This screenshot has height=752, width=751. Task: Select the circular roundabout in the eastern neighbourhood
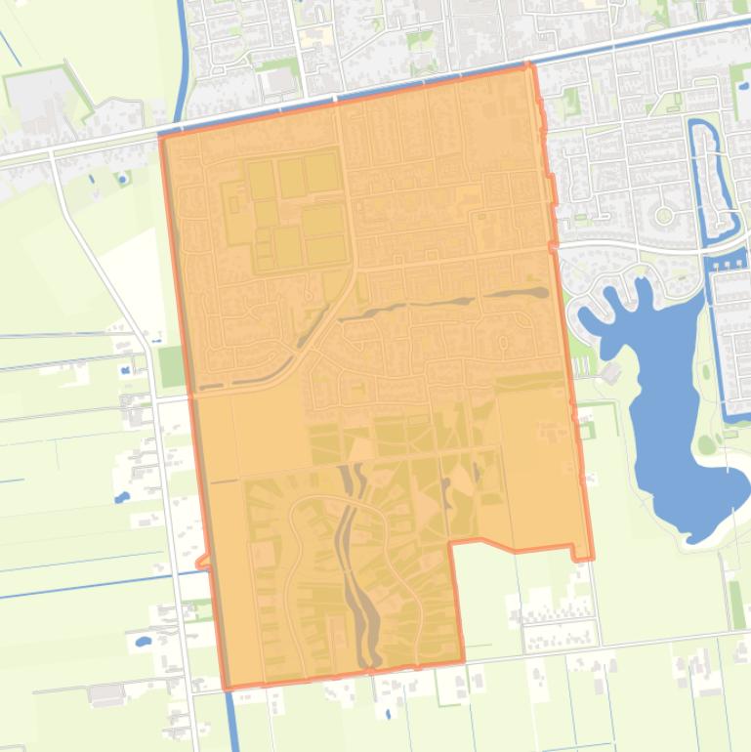click(664, 215)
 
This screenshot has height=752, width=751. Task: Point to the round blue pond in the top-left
click(122, 179)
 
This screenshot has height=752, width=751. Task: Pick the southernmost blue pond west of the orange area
click(143, 642)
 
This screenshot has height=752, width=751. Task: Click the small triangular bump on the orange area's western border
click(202, 562)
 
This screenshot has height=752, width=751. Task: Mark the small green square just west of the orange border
click(171, 366)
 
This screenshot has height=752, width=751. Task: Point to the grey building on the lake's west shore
click(611, 372)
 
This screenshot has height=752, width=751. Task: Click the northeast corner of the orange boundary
click(529, 66)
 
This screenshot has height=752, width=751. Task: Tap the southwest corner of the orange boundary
click(227, 688)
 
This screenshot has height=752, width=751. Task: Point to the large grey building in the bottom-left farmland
click(105, 694)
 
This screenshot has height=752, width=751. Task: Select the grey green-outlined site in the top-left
click(39, 103)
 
